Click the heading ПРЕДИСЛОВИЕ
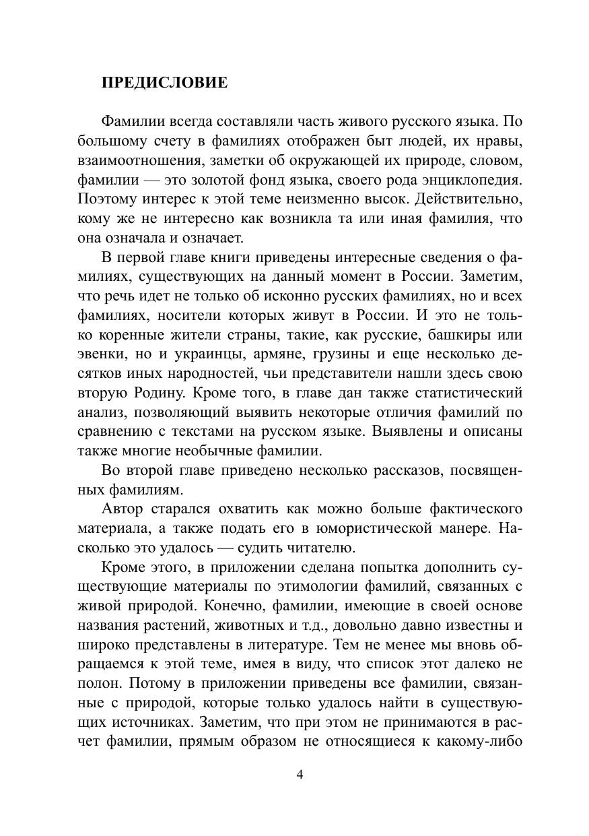click(164, 83)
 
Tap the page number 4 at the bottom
click(300, 774)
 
